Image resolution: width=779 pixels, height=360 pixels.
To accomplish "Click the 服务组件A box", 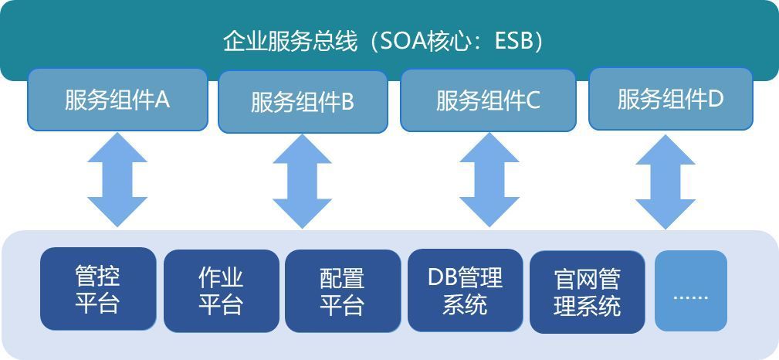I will [117, 100].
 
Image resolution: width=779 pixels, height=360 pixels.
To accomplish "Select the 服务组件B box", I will [303, 102].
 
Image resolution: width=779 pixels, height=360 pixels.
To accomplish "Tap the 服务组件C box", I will [488, 100].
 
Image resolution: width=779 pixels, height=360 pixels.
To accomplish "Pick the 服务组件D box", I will [670, 99].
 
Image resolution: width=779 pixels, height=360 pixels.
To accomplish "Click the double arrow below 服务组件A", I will [117, 178].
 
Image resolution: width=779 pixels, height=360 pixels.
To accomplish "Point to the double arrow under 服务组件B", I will [302, 181].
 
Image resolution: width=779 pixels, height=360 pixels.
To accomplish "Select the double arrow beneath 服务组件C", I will [489, 179].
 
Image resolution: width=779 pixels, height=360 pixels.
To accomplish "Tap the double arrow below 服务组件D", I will [665, 182].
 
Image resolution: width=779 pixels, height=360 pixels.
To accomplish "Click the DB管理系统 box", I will [465, 290].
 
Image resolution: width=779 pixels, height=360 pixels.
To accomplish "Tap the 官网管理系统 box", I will [587, 292].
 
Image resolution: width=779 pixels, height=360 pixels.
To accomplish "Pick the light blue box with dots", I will [691, 290].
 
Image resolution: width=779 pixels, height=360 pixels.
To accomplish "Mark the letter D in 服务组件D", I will [716, 99].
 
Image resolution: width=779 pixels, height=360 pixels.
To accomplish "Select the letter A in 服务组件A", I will [162, 100].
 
